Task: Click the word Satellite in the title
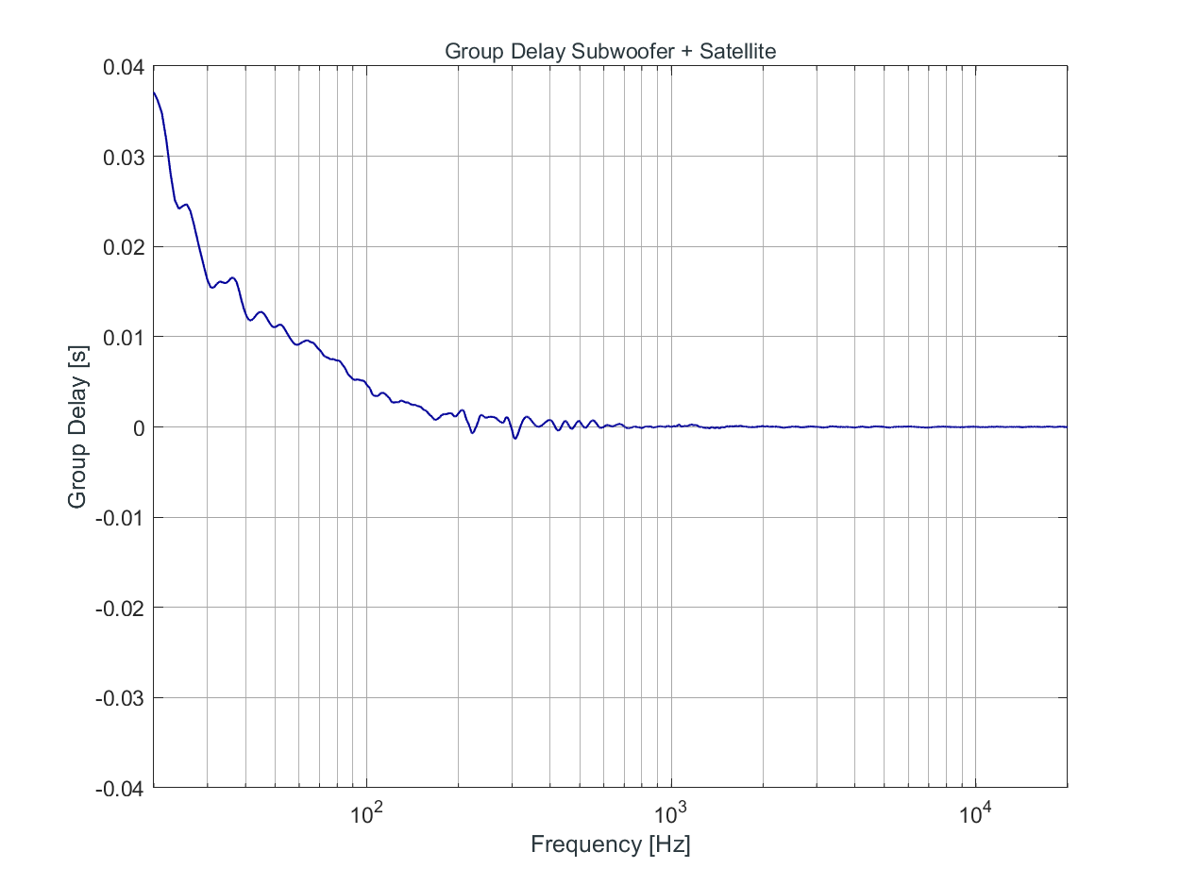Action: (x=733, y=52)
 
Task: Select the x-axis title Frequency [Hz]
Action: (x=610, y=843)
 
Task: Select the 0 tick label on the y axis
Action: (x=137, y=427)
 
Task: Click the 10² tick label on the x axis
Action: (x=366, y=810)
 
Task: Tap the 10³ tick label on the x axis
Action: (x=671, y=810)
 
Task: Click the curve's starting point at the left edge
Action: (x=153, y=92)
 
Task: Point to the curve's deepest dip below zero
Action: (x=514, y=439)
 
